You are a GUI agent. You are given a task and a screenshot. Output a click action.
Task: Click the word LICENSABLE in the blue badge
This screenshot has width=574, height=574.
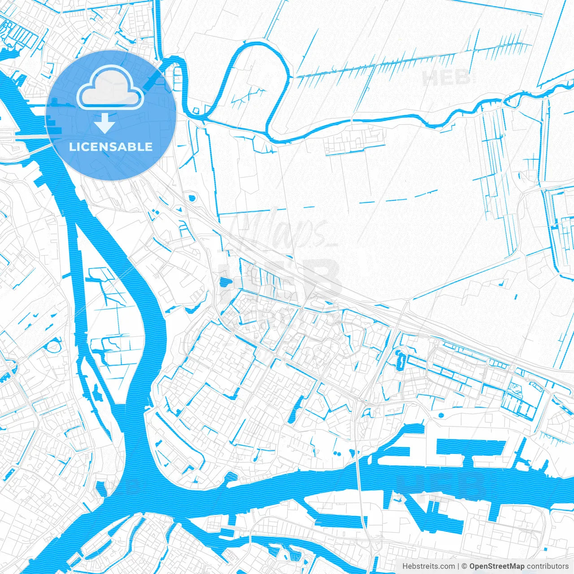(x=111, y=147)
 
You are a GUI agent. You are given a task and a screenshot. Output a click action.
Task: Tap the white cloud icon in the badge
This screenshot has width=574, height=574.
(x=110, y=88)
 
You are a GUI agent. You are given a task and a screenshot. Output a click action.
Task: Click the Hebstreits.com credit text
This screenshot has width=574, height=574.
(x=428, y=566)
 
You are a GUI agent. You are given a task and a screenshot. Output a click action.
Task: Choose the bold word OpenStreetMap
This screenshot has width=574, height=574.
(x=497, y=566)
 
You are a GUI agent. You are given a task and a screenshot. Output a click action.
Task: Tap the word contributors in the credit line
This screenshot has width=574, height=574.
(x=548, y=566)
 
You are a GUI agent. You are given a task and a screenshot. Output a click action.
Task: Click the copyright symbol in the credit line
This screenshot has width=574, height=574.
(x=465, y=566)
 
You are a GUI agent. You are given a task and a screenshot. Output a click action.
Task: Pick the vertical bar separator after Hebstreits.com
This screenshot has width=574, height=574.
(x=458, y=566)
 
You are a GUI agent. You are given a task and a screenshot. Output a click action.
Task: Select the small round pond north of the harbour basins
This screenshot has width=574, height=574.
(x=440, y=416)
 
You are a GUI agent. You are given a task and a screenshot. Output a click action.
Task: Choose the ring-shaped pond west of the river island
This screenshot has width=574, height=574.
(x=53, y=347)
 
